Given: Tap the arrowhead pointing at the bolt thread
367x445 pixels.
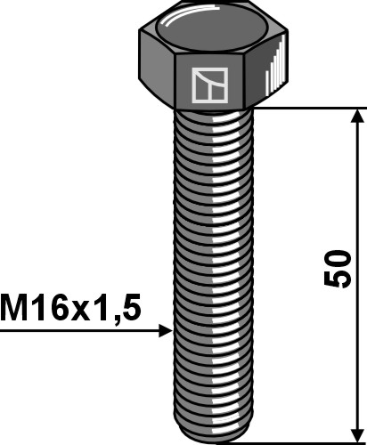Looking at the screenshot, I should tap(165, 331).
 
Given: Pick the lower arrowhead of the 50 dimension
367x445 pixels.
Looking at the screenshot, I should tap(358, 433).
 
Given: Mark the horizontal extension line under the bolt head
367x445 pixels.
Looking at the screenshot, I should tap(312, 109).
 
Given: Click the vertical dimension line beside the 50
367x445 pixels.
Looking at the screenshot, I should tap(358, 205).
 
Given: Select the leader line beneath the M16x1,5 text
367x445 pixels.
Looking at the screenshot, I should tap(80, 331).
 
